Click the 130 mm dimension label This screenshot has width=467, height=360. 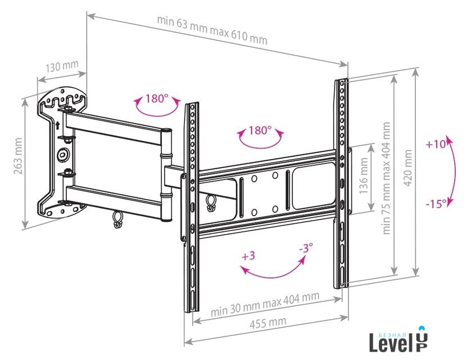pos(62,66)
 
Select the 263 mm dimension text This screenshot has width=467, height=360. pos(18,156)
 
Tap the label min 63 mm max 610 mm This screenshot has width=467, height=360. pos(212,30)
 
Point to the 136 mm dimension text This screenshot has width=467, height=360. pos(364,176)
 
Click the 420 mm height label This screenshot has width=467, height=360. pos(408,168)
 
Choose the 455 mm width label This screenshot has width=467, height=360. pos(267,323)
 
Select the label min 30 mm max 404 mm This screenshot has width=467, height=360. pos(265,303)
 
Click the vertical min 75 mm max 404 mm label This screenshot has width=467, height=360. pos(386,178)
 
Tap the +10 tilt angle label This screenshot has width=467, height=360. pos(436,144)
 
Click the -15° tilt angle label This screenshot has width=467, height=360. pos(436,204)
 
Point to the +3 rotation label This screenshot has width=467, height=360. pos(248,256)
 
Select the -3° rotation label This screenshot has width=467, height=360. pos(306,247)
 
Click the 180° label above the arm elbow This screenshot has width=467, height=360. pos(157,98)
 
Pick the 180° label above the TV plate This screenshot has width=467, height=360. pos(260,130)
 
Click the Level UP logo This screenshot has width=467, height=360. pos(398,339)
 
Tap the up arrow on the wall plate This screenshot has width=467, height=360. pos(57,125)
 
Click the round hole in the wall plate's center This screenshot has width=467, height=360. pos(63,155)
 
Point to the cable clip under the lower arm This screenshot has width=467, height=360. pos(117,219)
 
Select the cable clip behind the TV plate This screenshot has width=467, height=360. pos(211,203)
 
